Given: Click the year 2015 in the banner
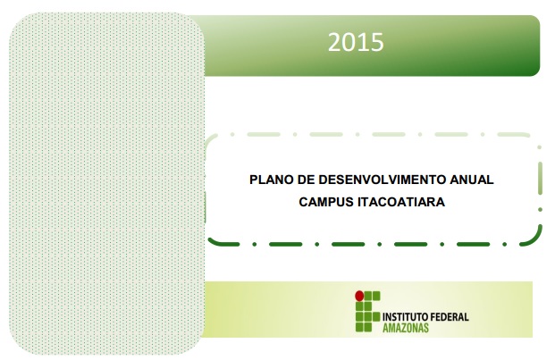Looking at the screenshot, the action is [356, 43].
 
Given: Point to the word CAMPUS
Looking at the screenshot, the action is [326, 202].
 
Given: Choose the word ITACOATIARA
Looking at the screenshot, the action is [401, 202].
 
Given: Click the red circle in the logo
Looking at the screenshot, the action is [359, 296].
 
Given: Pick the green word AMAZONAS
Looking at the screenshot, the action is [406, 328].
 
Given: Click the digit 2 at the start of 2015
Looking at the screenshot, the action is [333, 43].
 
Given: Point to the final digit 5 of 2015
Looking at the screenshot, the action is [378, 43].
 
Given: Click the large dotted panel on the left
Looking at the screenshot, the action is [107, 183].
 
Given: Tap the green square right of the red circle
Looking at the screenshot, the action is [368, 296].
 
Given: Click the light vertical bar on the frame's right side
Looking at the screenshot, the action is [540, 179].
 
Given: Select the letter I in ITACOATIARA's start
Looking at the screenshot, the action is [359, 202].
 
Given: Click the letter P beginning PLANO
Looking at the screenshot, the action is [254, 180].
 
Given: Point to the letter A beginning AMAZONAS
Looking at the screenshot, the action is [385, 328].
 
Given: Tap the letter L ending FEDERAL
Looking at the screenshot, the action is [467, 317].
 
